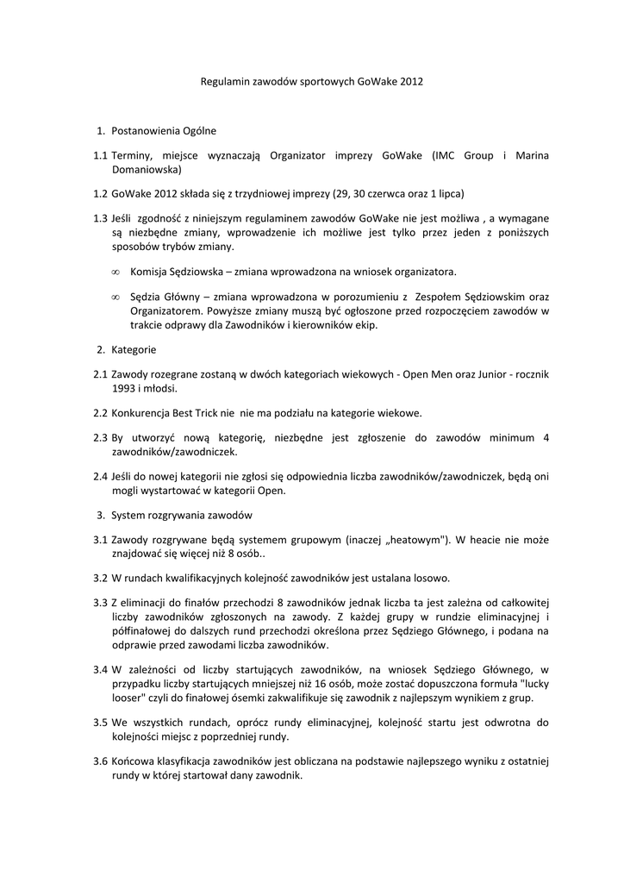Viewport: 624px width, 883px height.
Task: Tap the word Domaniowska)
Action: coord(146,171)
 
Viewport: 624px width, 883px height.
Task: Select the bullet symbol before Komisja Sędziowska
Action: coord(115,272)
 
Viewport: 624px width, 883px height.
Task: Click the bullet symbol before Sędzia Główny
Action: coord(115,297)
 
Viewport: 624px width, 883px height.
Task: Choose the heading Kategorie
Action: coord(134,350)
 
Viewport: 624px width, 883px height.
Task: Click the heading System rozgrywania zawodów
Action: coord(181,516)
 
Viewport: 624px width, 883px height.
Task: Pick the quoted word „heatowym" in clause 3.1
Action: coord(412,540)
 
